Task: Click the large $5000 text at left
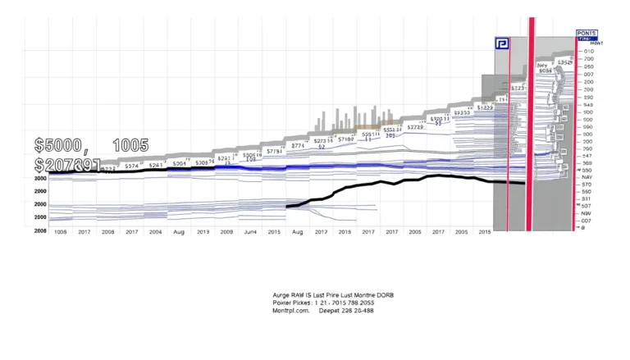[58, 146]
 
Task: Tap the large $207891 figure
[67, 166]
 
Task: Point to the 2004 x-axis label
[155, 233]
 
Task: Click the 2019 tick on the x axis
[203, 233]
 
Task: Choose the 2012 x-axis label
[321, 233]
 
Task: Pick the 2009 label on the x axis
[226, 233]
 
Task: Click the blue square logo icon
[502, 45]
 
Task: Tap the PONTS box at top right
[587, 34]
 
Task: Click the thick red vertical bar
[531, 123]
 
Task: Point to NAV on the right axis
[587, 177]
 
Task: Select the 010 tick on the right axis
[587, 51]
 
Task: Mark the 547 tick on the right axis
[587, 156]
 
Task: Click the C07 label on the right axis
[587, 220]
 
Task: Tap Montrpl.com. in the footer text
[291, 311]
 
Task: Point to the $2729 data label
[416, 127]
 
